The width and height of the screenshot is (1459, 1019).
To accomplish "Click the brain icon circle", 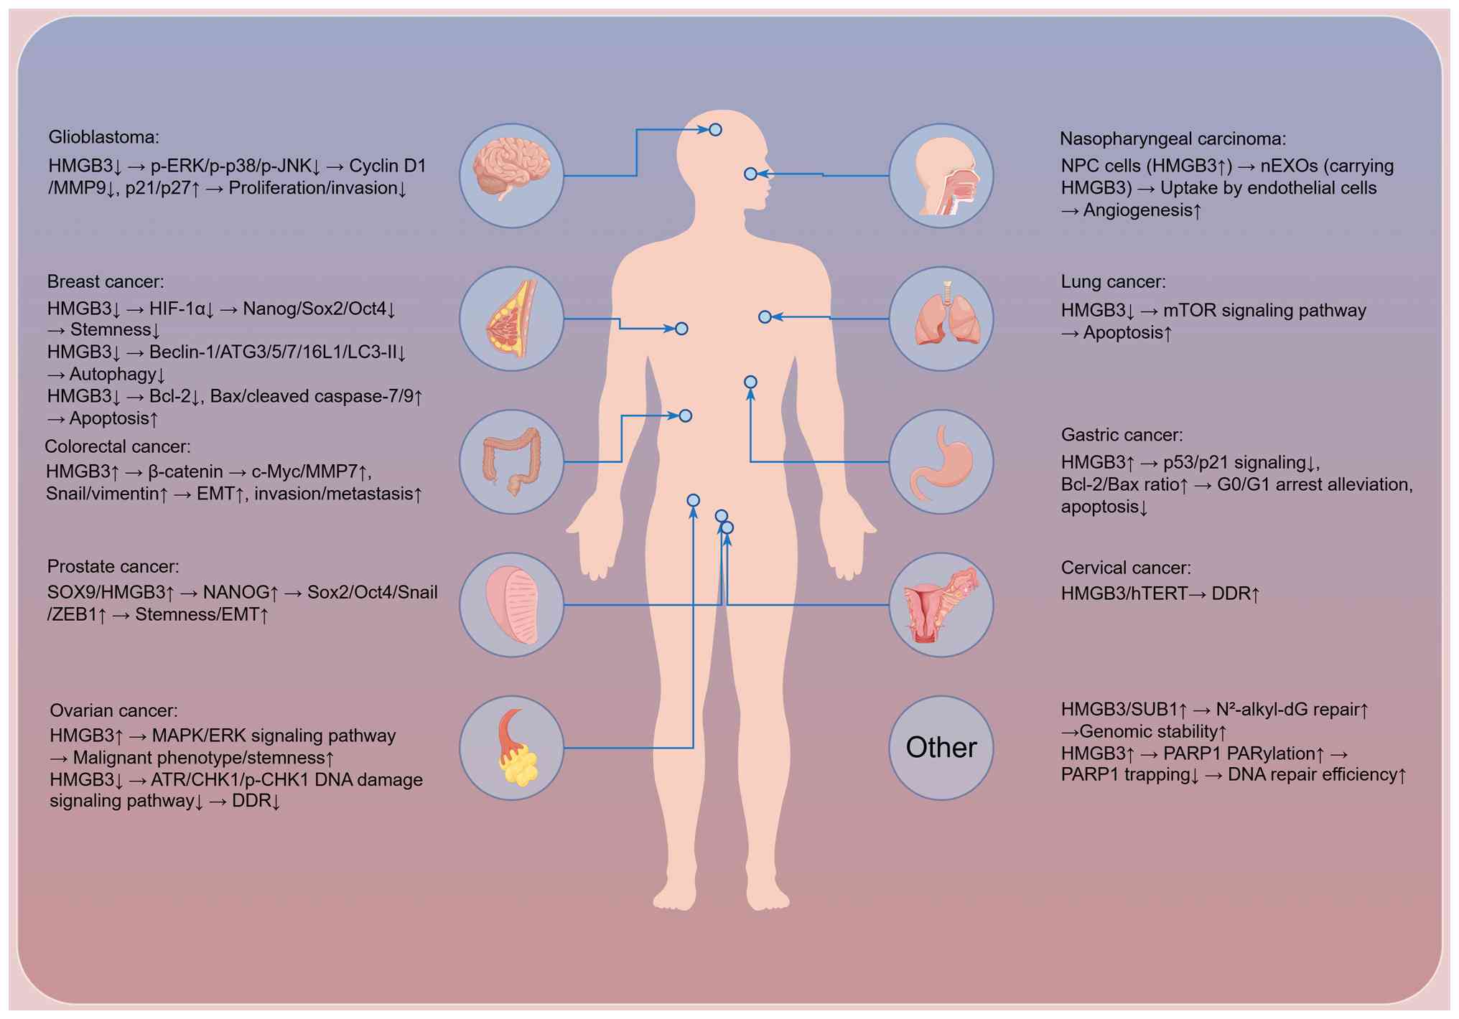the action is tap(511, 176).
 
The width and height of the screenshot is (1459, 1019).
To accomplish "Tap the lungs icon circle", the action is tap(941, 319).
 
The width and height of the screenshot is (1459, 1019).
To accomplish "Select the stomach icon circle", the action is tap(941, 461).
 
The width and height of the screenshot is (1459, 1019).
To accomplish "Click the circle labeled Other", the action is tap(941, 748).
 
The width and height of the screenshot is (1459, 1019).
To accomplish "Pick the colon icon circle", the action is tap(511, 461).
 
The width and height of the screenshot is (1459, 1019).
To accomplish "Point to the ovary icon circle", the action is tap(511, 748).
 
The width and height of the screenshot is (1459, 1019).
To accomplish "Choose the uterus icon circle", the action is tap(941, 604).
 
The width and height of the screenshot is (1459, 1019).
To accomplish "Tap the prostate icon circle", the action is tap(511, 604).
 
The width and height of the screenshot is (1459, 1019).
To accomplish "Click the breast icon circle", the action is tap(511, 319).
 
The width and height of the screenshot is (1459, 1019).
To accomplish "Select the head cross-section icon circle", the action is tap(941, 176).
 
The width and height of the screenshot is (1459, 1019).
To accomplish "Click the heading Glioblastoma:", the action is tap(104, 137).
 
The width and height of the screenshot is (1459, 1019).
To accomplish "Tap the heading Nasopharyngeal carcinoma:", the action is tap(1173, 138).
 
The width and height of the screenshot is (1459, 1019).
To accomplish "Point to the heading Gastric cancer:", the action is tap(1122, 435).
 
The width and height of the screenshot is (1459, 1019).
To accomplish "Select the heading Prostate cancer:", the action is tap(113, 567).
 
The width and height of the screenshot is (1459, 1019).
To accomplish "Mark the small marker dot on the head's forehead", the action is tap(715, 130).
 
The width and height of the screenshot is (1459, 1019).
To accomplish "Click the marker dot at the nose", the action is tap(750, 174).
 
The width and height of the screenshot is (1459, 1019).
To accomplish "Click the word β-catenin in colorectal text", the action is tap(185, 471).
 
